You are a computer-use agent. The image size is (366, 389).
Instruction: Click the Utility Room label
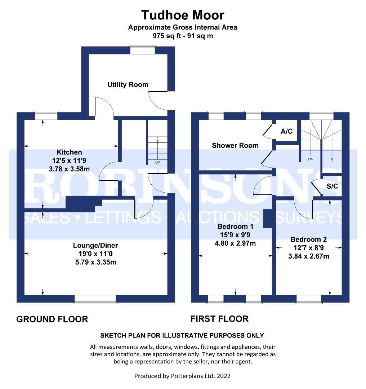(x=128, y=85)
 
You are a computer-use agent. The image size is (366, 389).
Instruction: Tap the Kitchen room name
(x=69, y=152)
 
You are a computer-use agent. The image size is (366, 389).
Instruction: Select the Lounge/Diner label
(x=95, y=245)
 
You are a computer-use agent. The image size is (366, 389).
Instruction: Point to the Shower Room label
(x=235, y=146)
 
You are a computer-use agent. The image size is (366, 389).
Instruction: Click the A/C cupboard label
(x=287, y=131)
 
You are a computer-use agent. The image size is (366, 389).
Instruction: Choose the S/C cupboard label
(x=332, y=186)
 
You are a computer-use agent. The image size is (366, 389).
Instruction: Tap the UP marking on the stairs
(x=157, y=162)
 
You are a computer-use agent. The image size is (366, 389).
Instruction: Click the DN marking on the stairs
(x=311, y=159)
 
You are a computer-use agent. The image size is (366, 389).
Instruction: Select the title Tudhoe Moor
(x=183, y=15)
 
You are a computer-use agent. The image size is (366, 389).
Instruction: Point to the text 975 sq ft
(x=165, y=36)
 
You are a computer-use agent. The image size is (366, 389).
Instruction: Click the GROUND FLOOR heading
(x=52, y=319)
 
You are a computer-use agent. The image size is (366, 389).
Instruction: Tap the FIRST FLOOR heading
(x=219, y=319)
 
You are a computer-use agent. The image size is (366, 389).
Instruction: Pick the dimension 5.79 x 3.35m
(x=96, y=262)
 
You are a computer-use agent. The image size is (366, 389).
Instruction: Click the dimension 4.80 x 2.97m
(x=235, y=243)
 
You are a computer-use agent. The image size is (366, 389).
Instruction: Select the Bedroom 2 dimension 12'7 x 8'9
(x=309, y=248)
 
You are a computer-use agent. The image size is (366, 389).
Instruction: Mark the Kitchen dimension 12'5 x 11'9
(x=69, y=161)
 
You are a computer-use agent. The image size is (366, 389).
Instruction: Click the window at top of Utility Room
(x=143, y=50)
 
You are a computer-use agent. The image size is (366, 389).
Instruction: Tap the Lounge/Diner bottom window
(x=95, y=299)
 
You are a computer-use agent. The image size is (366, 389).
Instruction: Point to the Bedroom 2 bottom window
(x=309, y=299)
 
